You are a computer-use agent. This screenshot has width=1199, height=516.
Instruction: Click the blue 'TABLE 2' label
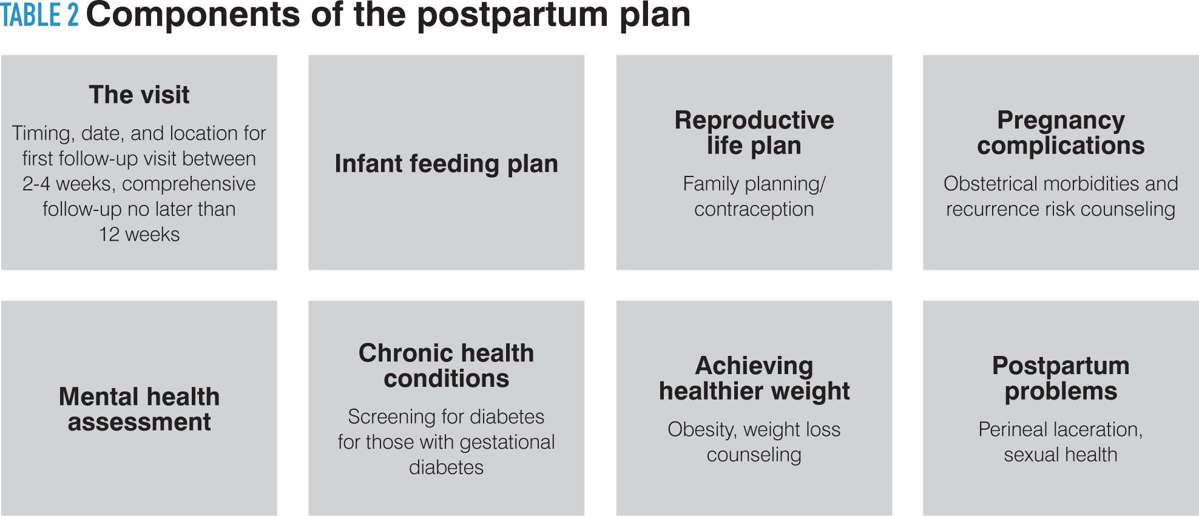[x=39, y=15]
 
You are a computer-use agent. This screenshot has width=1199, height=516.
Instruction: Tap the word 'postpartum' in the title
[x=512, y=15]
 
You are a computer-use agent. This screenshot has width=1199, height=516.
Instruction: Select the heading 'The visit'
[x=139, y=95]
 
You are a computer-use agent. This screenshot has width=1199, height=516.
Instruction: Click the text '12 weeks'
[x=139, y=235]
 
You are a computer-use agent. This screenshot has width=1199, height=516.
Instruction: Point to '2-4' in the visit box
[x=36, y=184]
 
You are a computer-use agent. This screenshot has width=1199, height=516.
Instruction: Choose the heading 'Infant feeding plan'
[x=446, y=164]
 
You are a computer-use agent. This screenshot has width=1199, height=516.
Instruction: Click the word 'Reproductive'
[x=754, y=120]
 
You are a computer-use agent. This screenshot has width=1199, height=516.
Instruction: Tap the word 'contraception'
[x=754, y=209]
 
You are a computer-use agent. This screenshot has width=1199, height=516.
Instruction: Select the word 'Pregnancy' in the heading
[x=1061, y=120]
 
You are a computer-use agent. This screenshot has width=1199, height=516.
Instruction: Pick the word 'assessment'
[x=139, y=422]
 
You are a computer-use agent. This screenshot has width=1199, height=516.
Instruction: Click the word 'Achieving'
[x=754, y=366]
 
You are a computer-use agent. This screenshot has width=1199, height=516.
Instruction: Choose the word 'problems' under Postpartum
[x=1061, y=391]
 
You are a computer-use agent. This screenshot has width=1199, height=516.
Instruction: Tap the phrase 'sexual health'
[x=1061, y=455]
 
